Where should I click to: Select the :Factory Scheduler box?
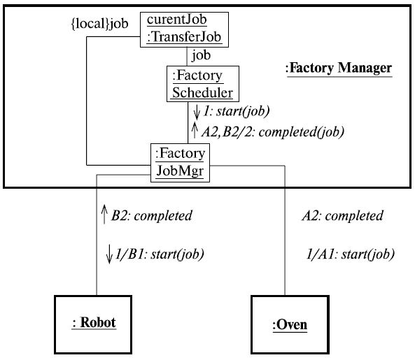tap(202, 84)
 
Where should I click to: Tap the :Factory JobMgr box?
tap(179, 162)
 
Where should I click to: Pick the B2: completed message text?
tap(151, 216)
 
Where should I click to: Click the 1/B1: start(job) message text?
tap(159, 254)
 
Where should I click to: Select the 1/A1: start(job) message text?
tap(351, 254)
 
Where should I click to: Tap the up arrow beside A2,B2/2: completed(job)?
tap(192, 129)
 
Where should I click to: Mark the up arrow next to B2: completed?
tap(104, 215)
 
